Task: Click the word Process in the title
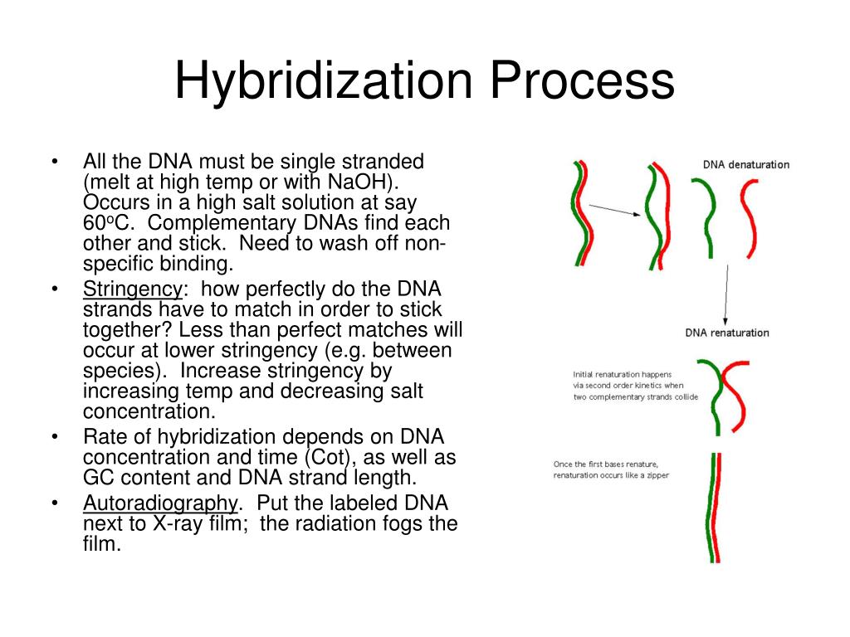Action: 580,82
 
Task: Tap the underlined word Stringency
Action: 132,289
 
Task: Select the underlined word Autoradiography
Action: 159,503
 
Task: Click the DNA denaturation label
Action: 745,164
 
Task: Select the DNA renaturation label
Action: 726,333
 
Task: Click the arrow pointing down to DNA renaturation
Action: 727,294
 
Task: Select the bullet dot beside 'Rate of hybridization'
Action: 54,437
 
